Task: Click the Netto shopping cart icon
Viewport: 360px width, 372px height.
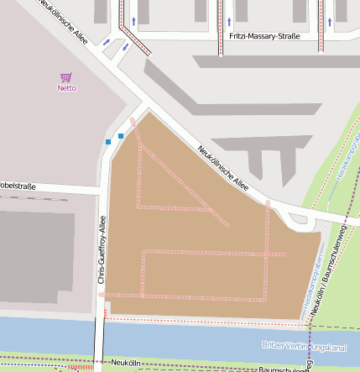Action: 66,76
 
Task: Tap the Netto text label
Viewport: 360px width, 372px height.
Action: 66,87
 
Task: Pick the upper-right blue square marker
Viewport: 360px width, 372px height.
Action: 121,135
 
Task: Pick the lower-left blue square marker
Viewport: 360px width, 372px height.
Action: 108,142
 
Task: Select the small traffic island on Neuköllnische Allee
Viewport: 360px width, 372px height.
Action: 297,220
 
